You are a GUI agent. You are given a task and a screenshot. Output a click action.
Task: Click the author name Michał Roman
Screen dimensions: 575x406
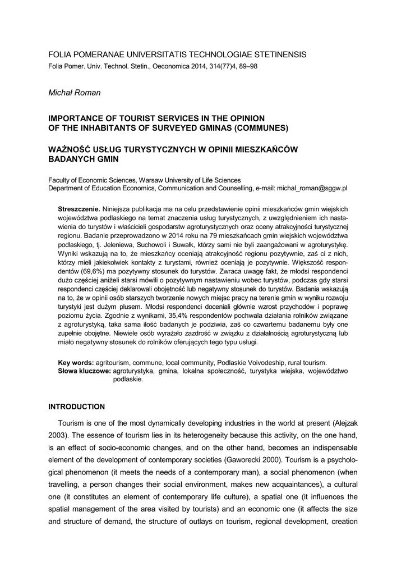point(75,92)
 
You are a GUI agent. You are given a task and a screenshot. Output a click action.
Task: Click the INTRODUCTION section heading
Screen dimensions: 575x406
point(77,406)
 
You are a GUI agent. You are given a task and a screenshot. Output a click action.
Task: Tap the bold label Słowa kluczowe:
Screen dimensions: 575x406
point(84,371)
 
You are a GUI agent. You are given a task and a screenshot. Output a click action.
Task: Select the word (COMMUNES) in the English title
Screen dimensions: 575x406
point(261,128)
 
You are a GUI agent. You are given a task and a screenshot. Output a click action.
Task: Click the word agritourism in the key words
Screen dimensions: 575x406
point(114,363)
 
